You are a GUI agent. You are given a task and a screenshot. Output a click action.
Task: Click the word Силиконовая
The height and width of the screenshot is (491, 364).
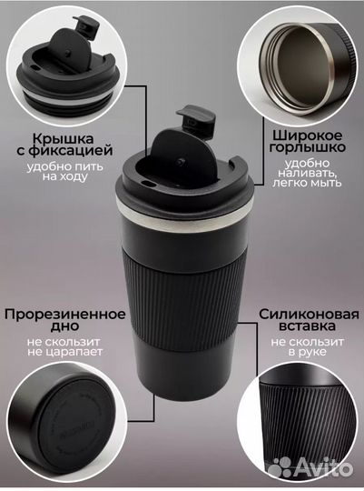[306, 314]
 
